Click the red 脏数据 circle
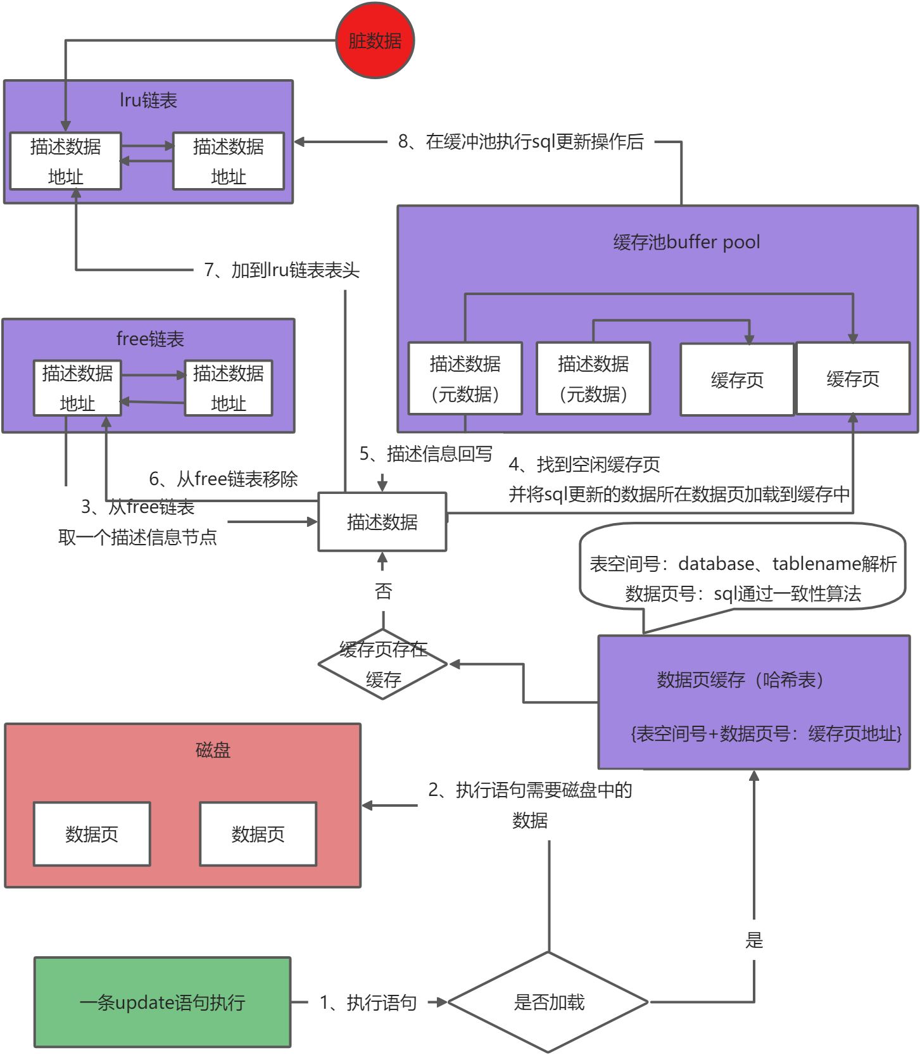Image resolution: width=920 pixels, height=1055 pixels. [375, 41]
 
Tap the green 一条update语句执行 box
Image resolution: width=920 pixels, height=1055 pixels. [162, 1002]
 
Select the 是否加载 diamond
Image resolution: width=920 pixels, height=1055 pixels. [548, 1002]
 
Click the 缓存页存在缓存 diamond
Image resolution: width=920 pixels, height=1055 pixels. [383, 664]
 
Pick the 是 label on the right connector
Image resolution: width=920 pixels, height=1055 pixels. [753, 940]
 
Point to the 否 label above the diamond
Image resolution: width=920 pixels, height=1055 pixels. [383, 591]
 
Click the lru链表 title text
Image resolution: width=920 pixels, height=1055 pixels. [148, 100]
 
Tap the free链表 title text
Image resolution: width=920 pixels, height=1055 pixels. [150, 339]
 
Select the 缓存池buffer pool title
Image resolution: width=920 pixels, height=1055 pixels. [686, 242]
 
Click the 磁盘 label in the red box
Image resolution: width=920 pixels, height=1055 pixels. [213, 750]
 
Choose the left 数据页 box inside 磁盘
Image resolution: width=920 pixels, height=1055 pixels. [92, 834]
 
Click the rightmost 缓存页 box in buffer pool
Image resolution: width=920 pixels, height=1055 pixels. [852, 379]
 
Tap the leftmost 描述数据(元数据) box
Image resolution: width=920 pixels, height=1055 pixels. [465, 379]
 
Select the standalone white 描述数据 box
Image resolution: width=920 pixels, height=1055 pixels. [382, 522]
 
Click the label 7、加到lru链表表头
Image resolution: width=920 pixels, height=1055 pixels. [282, 270]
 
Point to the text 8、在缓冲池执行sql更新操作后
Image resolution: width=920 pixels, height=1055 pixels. [520, 141]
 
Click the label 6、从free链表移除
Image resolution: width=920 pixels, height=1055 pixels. [223, 479]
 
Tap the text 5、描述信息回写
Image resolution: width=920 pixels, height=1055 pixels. [425, 453]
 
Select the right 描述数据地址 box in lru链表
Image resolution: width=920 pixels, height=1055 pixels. [228, 161]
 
